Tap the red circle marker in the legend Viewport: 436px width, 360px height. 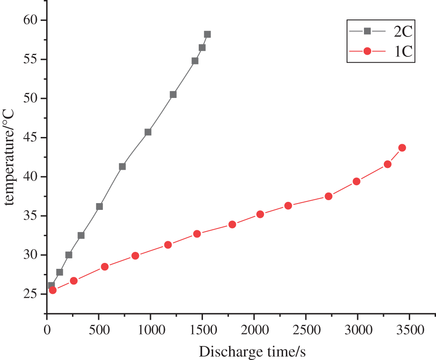(x=367, y=51)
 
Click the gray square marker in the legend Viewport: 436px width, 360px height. (x=367, y=31)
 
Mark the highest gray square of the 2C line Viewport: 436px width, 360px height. (x=207, y=34)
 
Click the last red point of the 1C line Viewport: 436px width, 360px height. (x=402, y=148)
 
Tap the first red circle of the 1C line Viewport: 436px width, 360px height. (x=53, y=290)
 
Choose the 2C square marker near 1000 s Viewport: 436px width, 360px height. (x=148, y=132)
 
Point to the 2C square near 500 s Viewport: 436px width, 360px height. (x=99, y=207)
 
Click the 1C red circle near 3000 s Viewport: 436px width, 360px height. (x=356, y=181)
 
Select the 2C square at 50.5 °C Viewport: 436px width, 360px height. (x=173, y=95)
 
